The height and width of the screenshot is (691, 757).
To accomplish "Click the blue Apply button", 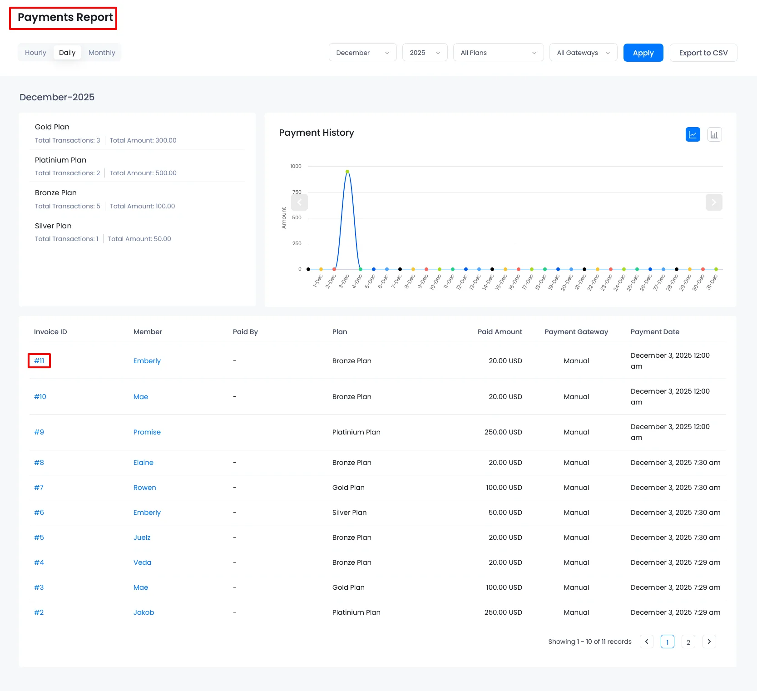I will (643, 53).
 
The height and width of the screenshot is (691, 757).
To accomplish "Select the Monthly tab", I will (102, 53).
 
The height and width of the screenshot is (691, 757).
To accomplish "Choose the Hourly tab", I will (35, 53).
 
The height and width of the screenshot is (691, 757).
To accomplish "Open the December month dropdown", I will (362, 53).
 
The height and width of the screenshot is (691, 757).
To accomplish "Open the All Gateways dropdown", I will (583, 53).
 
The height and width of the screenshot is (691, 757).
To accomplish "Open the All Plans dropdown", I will (498, 53).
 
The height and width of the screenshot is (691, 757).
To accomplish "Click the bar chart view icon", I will (714, 134).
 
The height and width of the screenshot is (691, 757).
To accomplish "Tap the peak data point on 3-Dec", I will (347, 172).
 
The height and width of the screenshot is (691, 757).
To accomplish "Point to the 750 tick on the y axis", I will (297, 192).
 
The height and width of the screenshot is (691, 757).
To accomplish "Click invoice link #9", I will (39, 432).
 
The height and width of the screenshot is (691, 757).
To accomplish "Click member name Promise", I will (147, 432).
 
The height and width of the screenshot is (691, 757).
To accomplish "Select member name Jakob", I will (143, 612).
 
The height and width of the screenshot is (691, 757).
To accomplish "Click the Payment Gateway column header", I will (576, 332).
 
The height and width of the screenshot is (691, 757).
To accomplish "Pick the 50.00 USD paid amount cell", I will (505, 513).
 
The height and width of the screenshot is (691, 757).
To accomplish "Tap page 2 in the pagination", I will (688, 642).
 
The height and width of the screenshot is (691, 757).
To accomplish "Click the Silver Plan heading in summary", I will (53, 226).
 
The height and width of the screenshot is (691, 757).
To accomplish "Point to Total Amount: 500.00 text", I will (143, 173).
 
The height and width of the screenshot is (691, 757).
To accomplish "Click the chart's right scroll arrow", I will (713, 202).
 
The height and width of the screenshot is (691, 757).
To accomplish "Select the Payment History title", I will (317, 133).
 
